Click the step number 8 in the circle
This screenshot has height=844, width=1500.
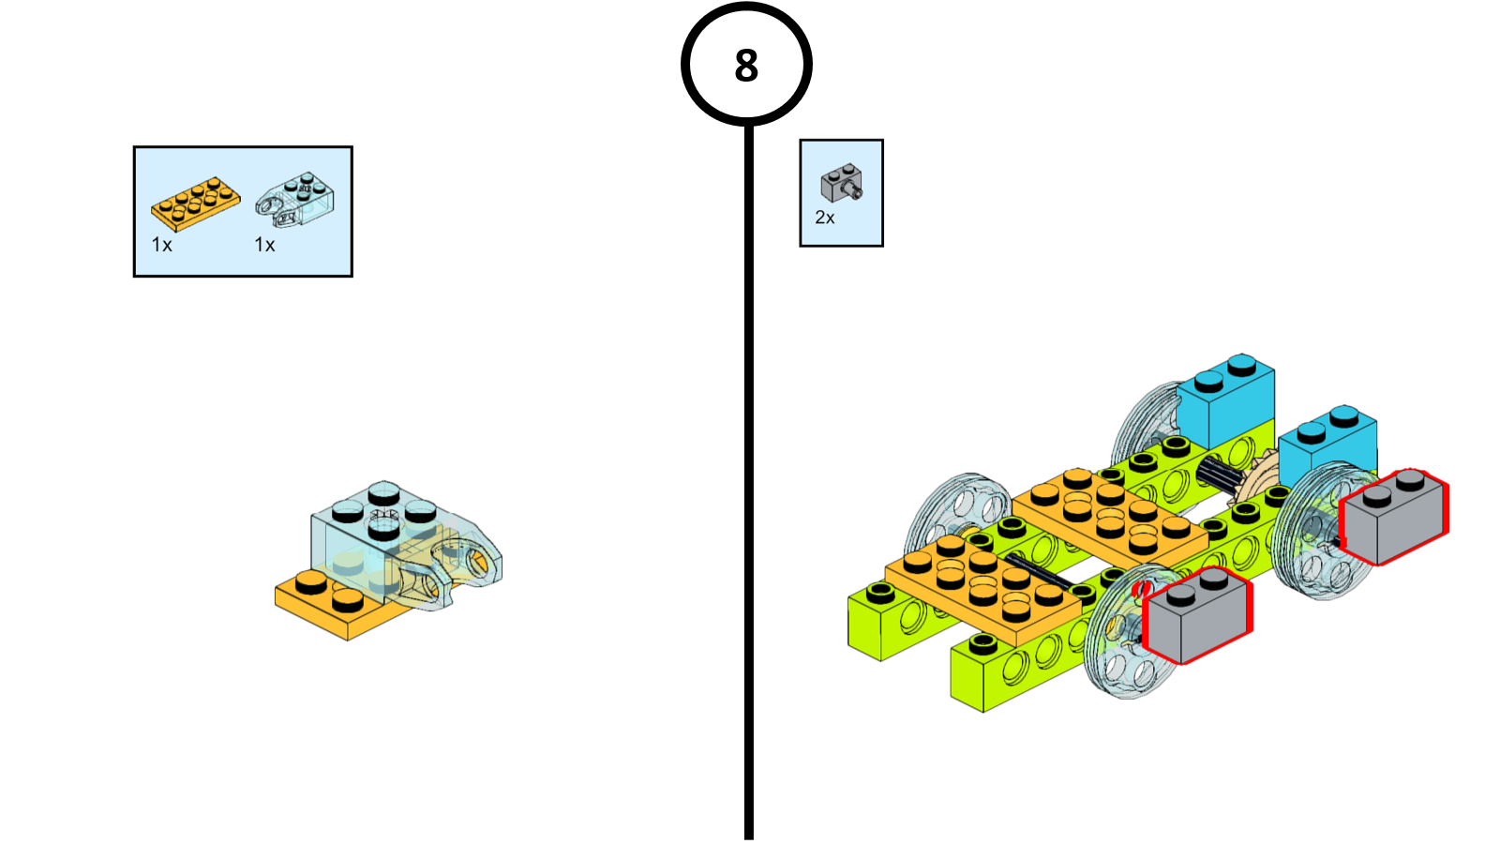[x=746, y=66]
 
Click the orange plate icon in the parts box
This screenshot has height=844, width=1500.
[x=195, y=202]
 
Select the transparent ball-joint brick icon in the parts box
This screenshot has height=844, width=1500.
[x=295, y=199]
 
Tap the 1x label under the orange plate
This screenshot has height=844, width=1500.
[x=161, y=245]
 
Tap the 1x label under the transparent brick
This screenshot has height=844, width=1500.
[x=264, y=245]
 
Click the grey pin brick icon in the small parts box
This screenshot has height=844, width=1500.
[x=841, y=184]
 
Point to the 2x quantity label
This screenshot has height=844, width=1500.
[x=825, y=218]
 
